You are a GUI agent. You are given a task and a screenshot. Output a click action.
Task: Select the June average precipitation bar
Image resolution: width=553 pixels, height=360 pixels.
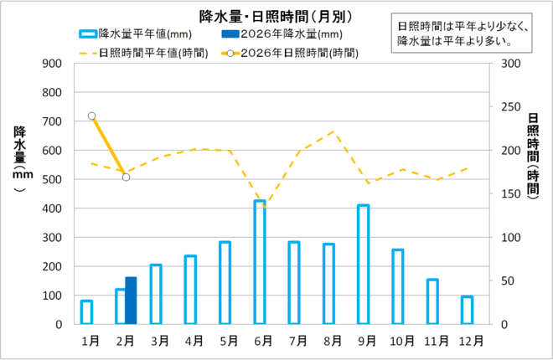pos(260,262)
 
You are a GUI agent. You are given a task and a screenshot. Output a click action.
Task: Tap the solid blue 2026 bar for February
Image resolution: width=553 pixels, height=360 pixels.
pos(131,301)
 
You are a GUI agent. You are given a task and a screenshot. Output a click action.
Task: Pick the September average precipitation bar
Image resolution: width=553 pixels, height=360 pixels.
pos(364,265)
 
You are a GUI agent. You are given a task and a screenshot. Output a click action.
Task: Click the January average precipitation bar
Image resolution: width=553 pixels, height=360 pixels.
pos(86,312)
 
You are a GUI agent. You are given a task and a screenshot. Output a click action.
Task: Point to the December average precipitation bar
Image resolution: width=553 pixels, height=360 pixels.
pos(468,311)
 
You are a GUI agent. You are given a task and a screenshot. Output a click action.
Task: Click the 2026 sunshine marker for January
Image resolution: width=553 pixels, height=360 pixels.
pos(91,116)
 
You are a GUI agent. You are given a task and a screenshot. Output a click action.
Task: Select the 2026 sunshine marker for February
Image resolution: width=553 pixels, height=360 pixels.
pos(126,177)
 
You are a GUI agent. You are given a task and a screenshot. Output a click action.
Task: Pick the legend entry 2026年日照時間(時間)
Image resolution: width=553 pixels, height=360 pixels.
pos(289,52)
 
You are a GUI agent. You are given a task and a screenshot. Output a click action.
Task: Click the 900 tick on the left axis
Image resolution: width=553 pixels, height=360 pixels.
pos(51,64)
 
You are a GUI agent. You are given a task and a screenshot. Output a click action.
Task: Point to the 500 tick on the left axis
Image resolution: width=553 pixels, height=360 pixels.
pos(51,179)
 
